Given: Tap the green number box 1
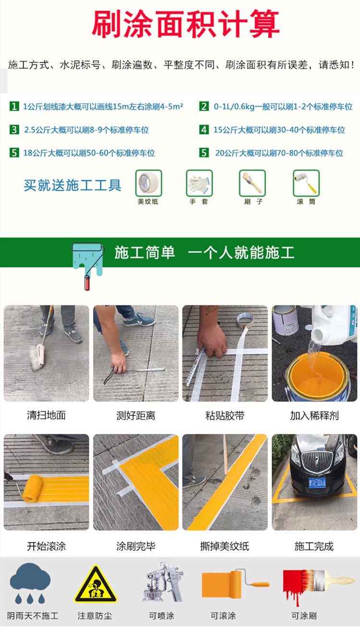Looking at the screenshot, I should click(14, 106).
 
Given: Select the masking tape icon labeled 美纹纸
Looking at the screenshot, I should click(148, 182).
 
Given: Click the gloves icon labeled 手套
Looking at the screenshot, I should click(199, 182).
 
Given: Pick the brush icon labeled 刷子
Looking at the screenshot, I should click(252, 182).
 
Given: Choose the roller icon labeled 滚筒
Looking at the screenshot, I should click(306, 182).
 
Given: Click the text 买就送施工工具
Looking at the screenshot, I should click(72, 185).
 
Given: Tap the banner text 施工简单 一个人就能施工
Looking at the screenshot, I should click(204, 253).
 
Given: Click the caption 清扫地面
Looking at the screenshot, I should click(46, 415).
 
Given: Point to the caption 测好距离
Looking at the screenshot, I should click(136, 415).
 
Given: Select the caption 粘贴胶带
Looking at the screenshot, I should click(225, 415).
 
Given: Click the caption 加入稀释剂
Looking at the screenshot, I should click(314, 415).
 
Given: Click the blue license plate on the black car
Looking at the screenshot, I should click(317, 482).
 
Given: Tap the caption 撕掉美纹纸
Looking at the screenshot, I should click(225, 546).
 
